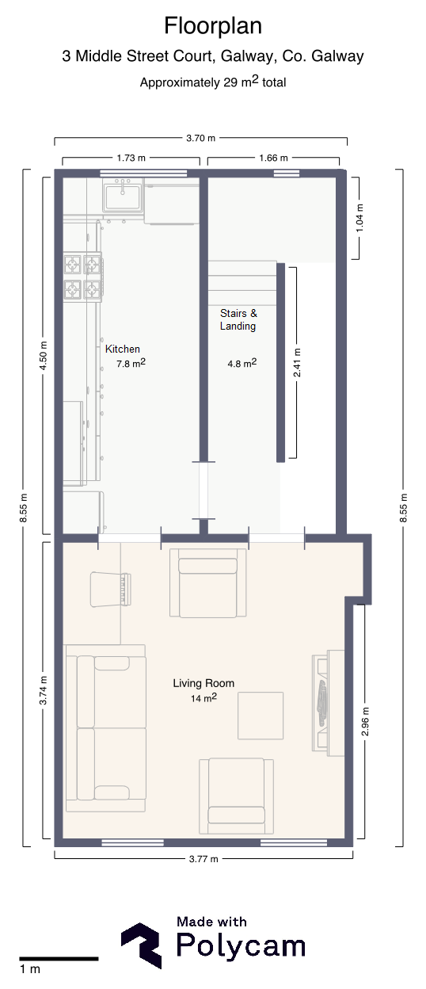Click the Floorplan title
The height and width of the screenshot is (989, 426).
(x=213, y=26)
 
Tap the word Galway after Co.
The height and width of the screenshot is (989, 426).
(x=337, y=56)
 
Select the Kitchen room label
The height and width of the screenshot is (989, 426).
(x=123, y=349)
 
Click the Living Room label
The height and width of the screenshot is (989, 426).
(x=203, y=683)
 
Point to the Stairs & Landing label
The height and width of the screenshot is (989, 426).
(x=238, y=319)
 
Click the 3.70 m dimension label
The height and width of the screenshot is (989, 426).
(x=200, y=138)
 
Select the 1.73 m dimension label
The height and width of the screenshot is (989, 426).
(x=131, y=158)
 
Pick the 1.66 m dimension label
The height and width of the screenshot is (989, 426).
(x=273, y=158)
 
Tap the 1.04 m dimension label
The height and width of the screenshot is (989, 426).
(x=359, y=218)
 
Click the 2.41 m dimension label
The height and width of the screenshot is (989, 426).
(x=297, y=363)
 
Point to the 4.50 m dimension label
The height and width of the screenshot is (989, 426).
(x=43, y=356)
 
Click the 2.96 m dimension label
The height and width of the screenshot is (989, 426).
(x=365, y=721)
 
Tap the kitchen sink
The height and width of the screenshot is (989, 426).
(x=123, y=196)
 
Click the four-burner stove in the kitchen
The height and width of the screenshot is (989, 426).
(x=83, y=277)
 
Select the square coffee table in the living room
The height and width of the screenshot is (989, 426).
(x=261, y=716)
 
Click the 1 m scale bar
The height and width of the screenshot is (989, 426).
(x=59, y=959)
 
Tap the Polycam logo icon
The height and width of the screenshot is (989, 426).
(x=142, y=945)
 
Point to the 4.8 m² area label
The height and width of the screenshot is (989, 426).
(x=242, y=364)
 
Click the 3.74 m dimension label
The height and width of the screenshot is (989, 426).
(x=43, y=690)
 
